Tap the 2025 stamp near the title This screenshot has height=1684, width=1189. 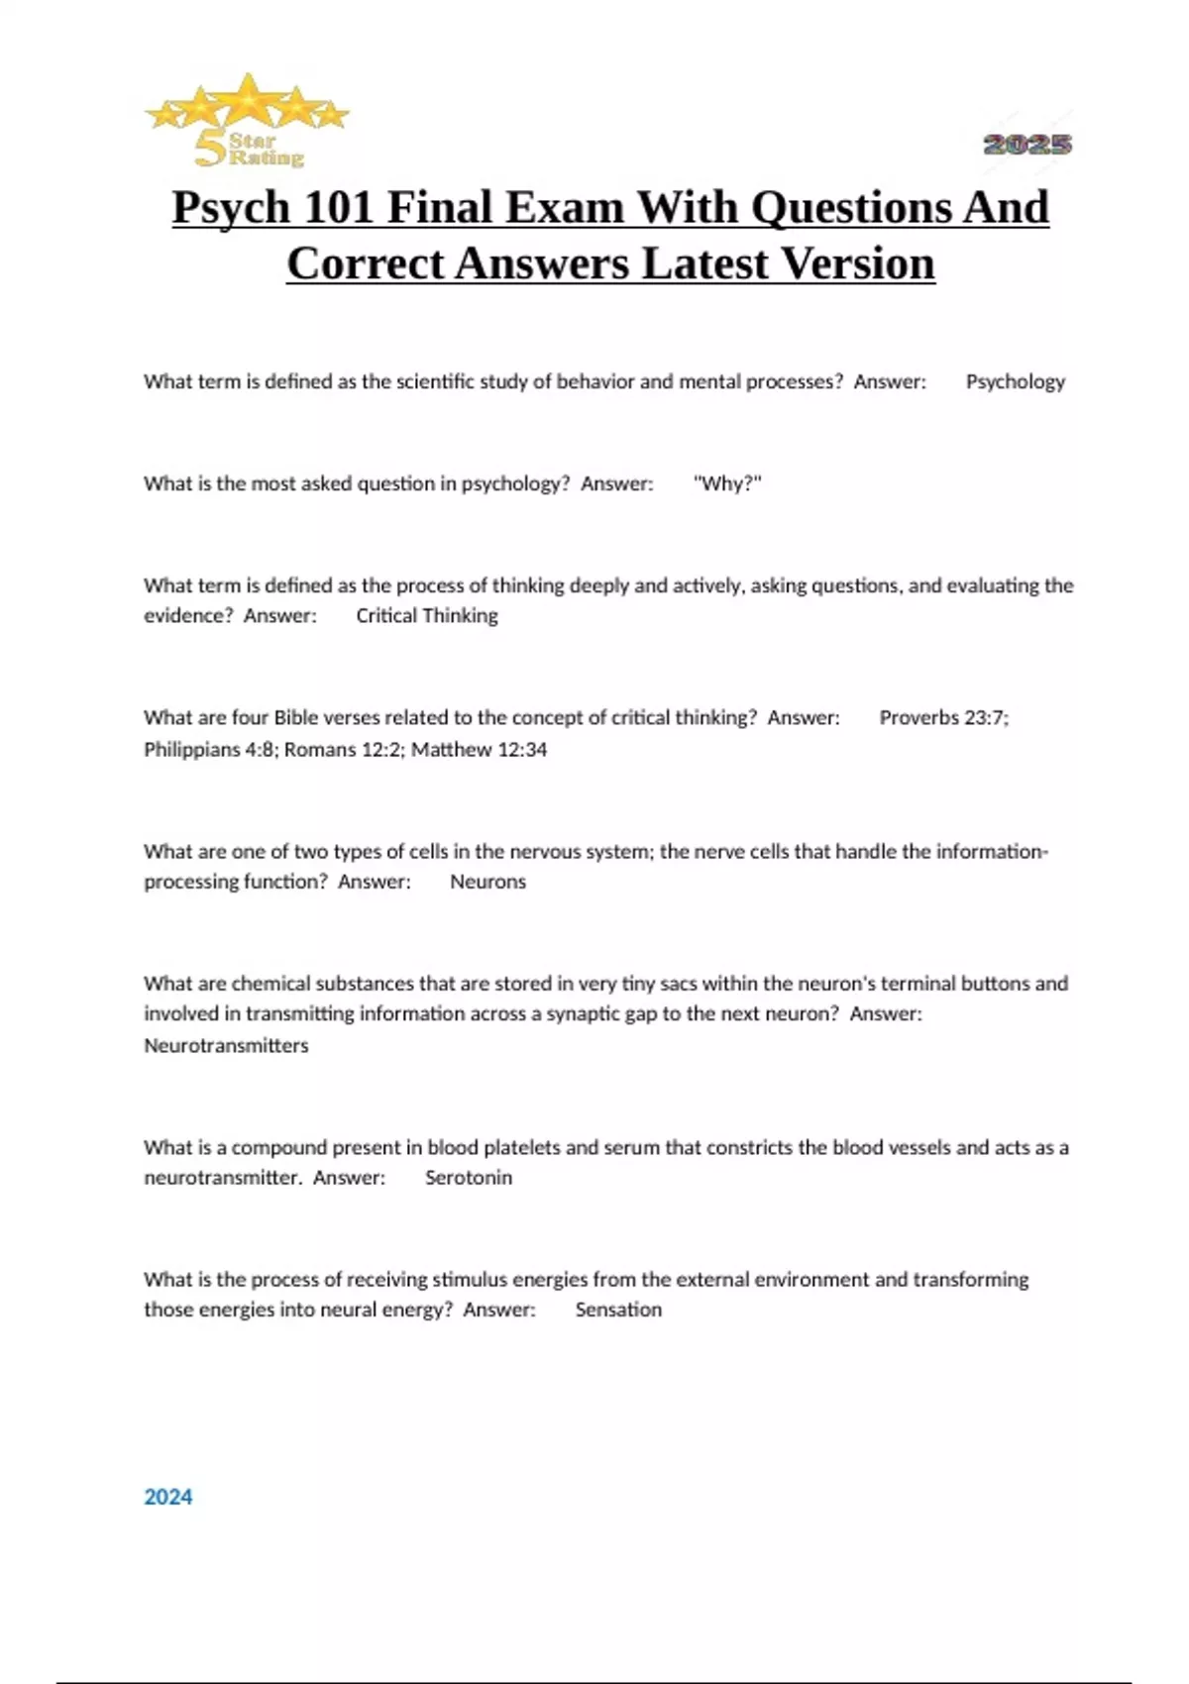point(1027,145)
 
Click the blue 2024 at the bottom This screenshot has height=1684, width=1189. point(168,1497)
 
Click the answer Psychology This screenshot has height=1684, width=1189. point(1015,381)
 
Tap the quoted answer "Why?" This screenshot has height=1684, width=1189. point(727,483)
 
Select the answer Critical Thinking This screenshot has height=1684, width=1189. point(427,615)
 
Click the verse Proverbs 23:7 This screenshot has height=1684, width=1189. point(943,717)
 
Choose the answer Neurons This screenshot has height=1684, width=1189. point(487,882)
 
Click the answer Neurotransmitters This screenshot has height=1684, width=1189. point(226,1045)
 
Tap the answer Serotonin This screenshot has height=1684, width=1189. point(469,1177)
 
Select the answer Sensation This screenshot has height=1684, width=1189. point(618,1310)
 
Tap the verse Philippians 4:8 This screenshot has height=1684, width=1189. point(210,749)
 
